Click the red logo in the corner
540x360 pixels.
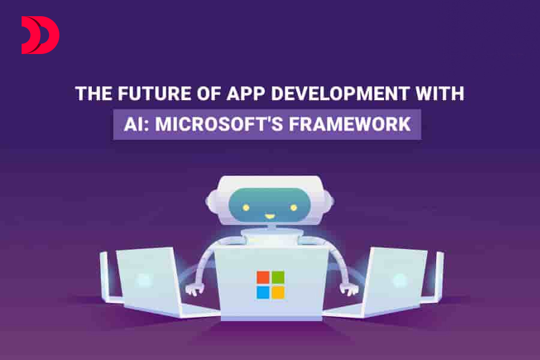(40, 35)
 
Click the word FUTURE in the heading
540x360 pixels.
(154, 94)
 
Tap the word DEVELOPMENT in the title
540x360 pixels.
(340, 94)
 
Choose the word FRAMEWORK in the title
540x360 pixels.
(350, 124)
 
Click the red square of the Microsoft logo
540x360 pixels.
(263, 277)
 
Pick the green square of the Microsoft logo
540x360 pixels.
(278, 277)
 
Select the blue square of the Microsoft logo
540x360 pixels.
(263, 292)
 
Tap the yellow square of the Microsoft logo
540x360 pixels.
(278, 292)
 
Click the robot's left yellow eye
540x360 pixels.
(246, 208)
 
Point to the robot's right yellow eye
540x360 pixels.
(294, 208)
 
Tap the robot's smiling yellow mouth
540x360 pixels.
(269, 217)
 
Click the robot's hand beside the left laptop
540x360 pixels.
(194, 289)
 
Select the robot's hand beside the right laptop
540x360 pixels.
(349, 289)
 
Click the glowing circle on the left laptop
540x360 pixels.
(143, 280)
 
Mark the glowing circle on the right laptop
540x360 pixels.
(400, 280)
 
